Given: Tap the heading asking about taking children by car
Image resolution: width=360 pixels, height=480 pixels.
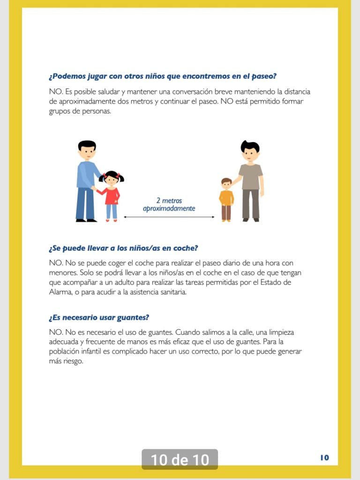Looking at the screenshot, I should [x=126, y=248].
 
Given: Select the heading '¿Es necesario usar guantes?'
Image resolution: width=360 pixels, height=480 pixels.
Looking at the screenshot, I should [x=99, y=317].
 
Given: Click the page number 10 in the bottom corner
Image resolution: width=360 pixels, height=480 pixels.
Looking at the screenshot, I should [x=324, y=457].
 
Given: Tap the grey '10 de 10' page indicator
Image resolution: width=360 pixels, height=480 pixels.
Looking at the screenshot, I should [x=180, y=459].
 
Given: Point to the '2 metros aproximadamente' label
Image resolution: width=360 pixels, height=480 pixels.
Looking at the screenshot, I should [x=169, y=204].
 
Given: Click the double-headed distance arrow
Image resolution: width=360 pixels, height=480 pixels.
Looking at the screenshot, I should [x=169, y=217].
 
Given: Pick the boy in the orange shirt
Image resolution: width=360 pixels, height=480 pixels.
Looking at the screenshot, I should [x=226, y=199].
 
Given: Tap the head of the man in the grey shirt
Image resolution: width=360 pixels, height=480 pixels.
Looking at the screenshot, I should [x=250, y=151].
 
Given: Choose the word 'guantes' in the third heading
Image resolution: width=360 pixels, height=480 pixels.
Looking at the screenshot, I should [x=132, y=317].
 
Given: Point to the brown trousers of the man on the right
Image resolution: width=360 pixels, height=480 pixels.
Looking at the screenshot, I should [x=250, y=204].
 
